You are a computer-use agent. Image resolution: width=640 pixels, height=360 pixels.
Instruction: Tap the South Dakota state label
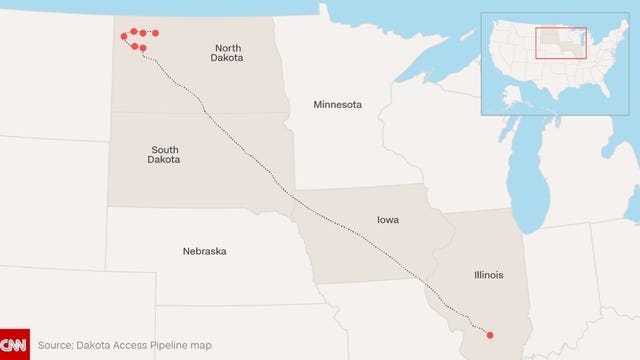[164, 154]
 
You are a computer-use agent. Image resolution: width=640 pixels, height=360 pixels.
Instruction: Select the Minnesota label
[337, 105]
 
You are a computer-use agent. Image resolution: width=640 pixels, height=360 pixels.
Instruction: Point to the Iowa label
[388, 219]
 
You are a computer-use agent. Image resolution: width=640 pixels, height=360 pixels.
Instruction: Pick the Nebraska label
[204, 251]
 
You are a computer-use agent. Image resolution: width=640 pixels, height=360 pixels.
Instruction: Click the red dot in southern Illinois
[489, 334]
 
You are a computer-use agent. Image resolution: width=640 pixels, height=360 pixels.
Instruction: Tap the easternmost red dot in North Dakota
[155, 33]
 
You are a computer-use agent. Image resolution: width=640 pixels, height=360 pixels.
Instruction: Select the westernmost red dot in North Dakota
[124, 36]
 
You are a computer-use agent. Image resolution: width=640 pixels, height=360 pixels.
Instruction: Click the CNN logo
[14, 344]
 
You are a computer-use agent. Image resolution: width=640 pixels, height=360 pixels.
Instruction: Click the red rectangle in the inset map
[560, 43]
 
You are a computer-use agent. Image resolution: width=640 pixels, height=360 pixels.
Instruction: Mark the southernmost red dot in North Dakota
[143, 48]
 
